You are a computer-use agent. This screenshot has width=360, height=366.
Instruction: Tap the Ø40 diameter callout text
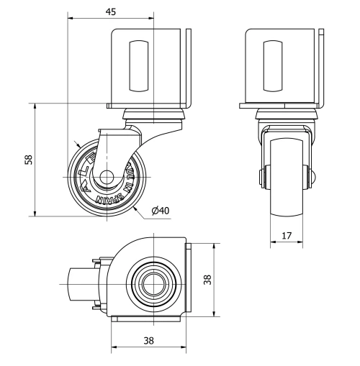[160, 210]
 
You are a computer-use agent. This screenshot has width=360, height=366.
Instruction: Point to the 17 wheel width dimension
[286, 234]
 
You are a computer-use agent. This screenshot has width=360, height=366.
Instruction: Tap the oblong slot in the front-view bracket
[273, 65]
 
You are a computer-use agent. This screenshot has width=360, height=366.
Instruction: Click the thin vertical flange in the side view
[189, 68]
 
